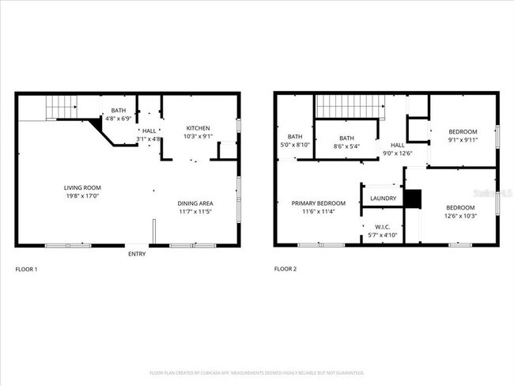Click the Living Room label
click(82, 187)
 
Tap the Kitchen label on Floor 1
click(198, 128)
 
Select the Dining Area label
click(195, 203)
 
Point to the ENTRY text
click(137, 254)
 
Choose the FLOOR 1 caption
click(26, 270)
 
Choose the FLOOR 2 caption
click(285, 270)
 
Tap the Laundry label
click(383, 198)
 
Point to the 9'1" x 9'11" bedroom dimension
click(463, 140)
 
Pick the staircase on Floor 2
click(349, 104)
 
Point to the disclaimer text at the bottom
click(256, 372)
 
